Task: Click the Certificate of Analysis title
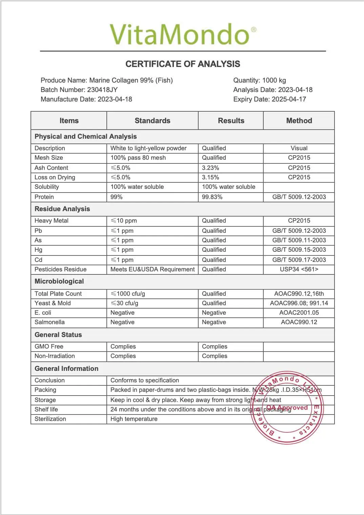[x=183, y=64]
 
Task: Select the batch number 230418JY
[x=102, y=90]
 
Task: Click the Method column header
[x=299, y=120]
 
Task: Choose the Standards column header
[x=153, y=120]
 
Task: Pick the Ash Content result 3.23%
[x=210, y=168]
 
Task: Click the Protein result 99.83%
[x=212, y=197]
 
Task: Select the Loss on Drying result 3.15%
[x=210, y=177]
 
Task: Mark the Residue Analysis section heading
[x=62, y=209]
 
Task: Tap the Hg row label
[x=39, y=250]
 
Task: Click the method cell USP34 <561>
[x=299, y=269]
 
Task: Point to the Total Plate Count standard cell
[x=128, y=294]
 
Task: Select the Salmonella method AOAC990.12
[x=299, y=322]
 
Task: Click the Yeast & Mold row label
[x=53, y=303]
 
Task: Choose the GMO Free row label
[x=49, y=346]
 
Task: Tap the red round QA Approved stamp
[x=287, y=408]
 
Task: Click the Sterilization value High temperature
[x=134, y=419]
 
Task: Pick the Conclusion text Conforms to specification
[x=145, y=380]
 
